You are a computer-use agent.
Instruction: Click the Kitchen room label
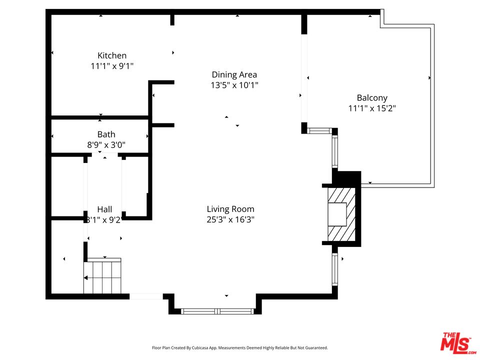click(x=112, y=55)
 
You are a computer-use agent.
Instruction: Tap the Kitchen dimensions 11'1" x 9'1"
click(x=112, y=65)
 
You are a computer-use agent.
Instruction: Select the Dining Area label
click(x=234, y=74)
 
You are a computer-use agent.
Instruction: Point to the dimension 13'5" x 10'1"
click(x=234, y=85)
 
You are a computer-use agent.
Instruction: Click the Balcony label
click(x=372, y=98)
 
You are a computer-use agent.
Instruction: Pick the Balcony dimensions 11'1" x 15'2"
click(x=372, y=108)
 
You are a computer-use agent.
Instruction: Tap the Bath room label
click(x=106, y=134)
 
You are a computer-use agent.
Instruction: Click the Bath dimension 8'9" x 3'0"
click(x=106, y=144)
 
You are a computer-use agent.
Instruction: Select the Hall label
click(x=104, y=209)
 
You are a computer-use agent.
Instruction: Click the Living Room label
click(x=230, y=209)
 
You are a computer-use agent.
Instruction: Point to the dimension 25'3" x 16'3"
click(x=230, y=219)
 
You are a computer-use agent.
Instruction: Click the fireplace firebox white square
click(x=336, y=214)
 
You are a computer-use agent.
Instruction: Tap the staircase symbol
click(x=102, y=277)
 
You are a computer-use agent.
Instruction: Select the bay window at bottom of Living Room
click(x=218, y=311)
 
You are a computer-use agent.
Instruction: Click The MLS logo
click(x=456, y=343)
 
